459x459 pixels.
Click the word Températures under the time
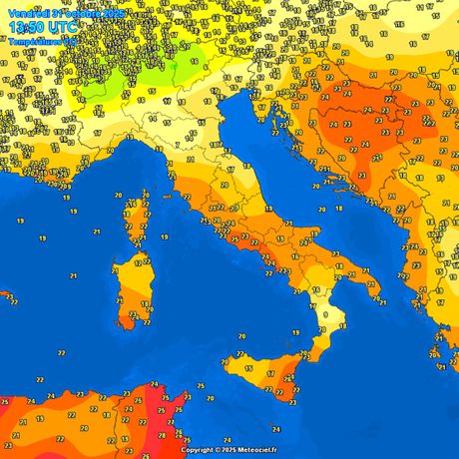[34, 42]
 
